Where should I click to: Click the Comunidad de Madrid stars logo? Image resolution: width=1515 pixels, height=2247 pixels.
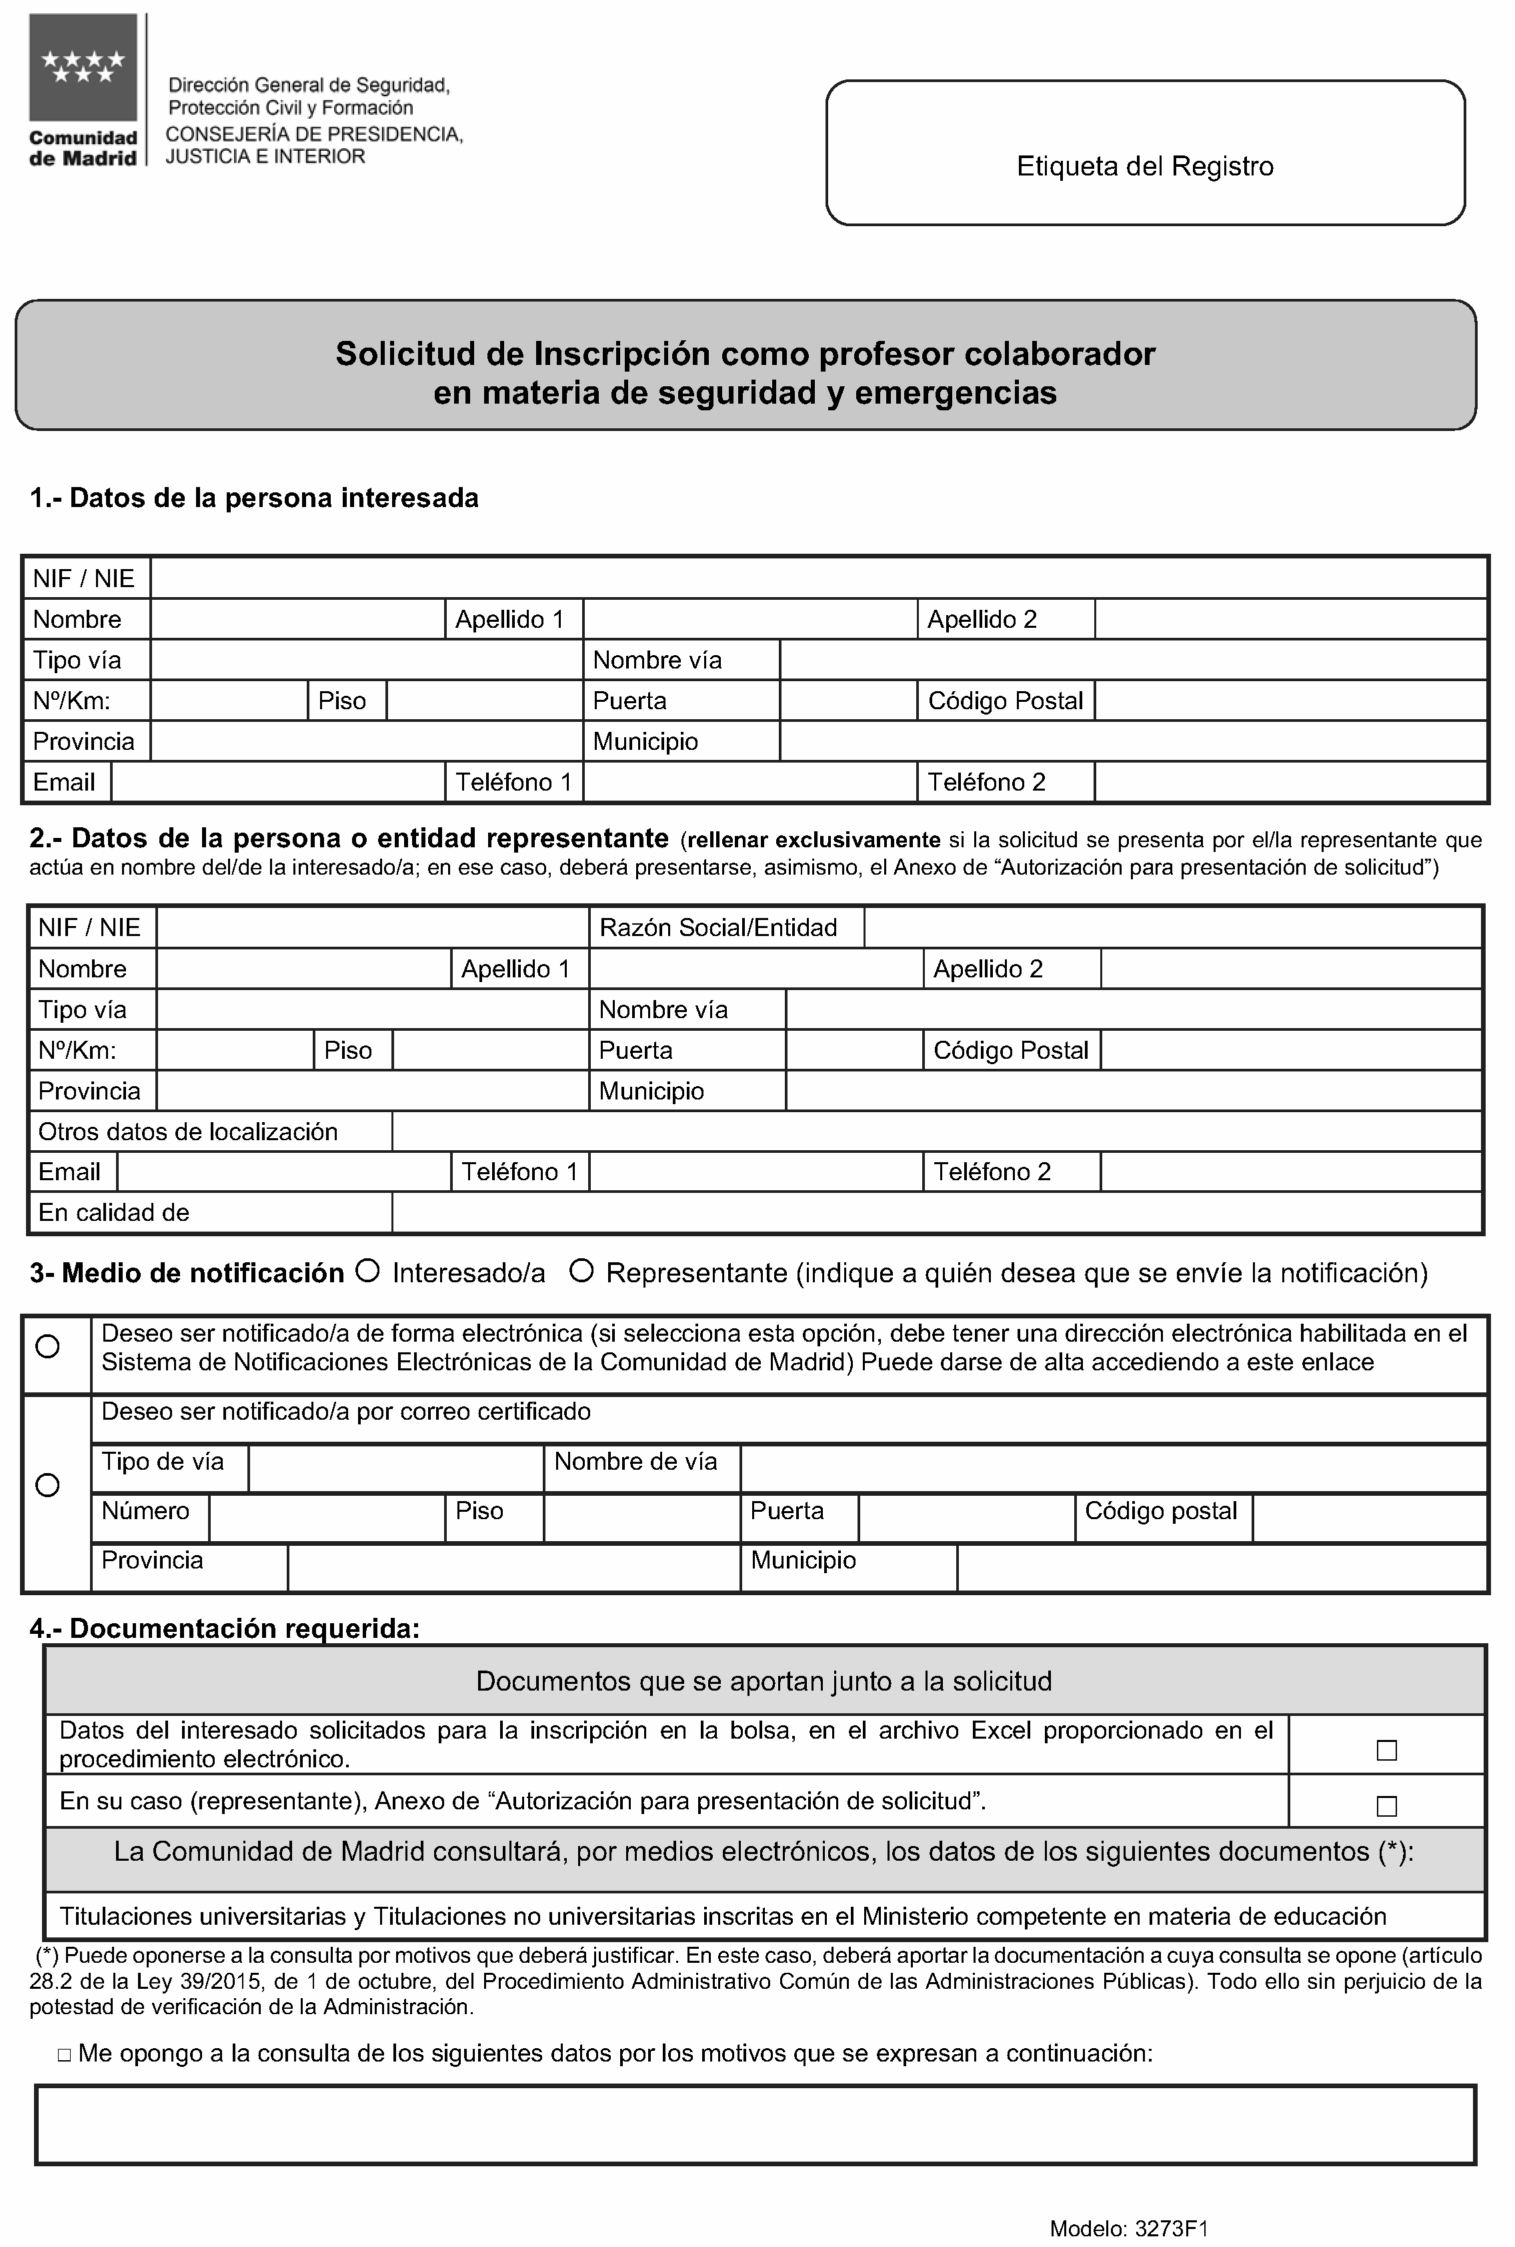(83, 67)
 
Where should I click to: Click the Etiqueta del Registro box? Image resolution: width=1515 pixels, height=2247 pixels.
(1145, 153)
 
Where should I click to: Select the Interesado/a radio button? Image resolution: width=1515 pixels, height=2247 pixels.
(367, 1271)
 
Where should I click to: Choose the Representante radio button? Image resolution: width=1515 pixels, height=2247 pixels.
(581, 1271)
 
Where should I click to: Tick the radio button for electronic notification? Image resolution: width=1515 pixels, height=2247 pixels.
(47, 1346)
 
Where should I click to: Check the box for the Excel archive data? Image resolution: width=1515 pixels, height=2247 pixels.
(1386, 1750)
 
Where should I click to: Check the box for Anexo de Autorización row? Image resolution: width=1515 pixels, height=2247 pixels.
(1386, 1806)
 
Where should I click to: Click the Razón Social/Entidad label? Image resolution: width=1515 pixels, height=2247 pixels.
(718, 928)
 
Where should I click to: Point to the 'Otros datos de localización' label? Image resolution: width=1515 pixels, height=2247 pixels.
(189, 1132)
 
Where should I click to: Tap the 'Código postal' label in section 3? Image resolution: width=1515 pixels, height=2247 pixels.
(1160, 1510)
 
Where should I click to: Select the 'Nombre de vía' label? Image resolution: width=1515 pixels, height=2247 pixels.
(635, 1461)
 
